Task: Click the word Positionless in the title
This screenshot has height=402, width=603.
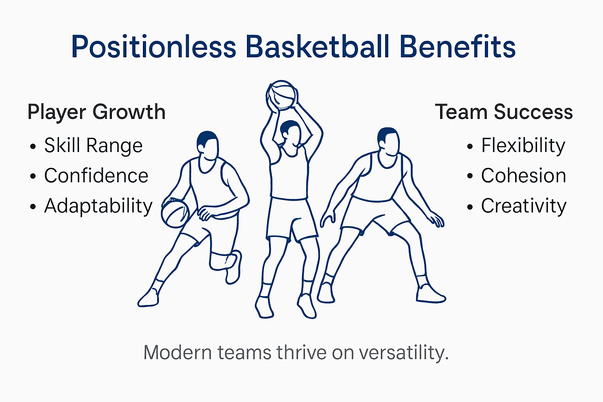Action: click(x=153, y=47)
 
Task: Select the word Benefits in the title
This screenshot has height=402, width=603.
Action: click(x=457, y=47)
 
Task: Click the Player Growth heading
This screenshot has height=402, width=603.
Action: click(x=97, y=112)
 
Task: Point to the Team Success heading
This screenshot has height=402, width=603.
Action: click(x=504, y=112)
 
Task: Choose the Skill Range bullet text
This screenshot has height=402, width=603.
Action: click(x=93, y=146)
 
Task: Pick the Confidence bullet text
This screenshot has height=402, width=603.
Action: click(x=96, y=176)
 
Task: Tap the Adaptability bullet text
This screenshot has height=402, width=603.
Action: click(x=98, y=206)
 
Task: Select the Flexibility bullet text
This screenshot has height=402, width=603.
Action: click(x=523, y=146)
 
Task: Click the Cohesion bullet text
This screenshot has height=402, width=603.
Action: click(x=524, y=176)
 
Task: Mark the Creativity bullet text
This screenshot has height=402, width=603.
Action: click(x=524, y=206)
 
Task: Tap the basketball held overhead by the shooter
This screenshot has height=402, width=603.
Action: click(x=281, y=95)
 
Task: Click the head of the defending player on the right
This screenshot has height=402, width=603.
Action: click(x=388, y=141)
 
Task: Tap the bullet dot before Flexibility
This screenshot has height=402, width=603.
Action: click(x=470, y=147)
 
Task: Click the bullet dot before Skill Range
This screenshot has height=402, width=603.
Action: click(x=33, y=147)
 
